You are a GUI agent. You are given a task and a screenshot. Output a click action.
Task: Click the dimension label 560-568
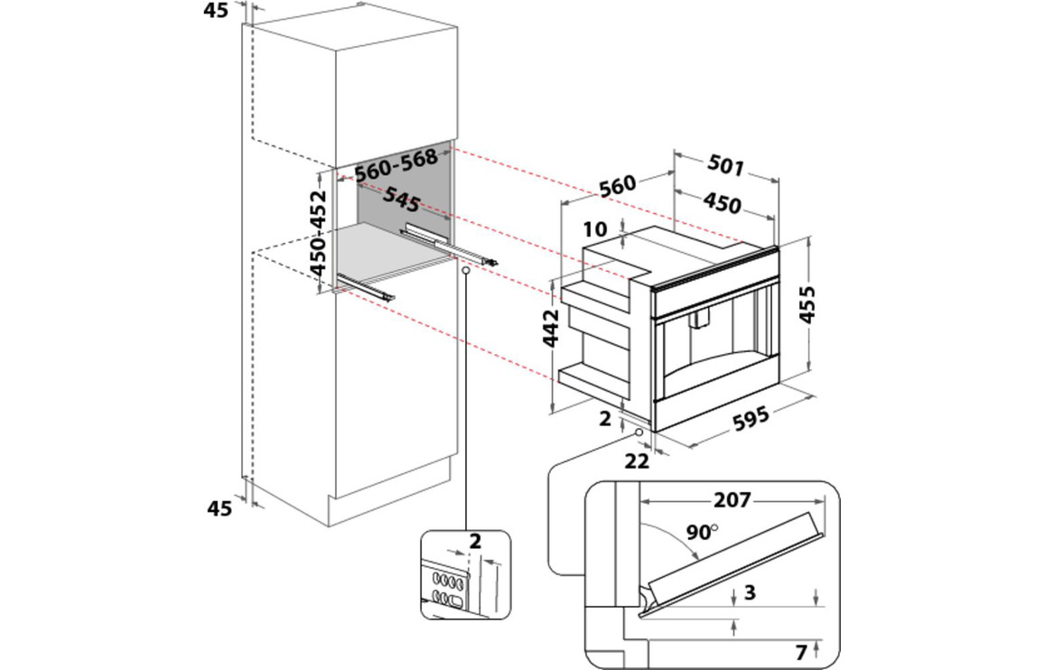coord(396,166)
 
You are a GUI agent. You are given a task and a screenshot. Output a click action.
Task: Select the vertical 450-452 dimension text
coord(318,233)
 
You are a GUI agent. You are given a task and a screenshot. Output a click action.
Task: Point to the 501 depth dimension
coord(725,166)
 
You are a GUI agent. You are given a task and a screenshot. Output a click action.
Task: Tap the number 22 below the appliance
coord(638,461)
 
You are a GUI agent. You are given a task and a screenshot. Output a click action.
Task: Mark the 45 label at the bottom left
coord(219,508)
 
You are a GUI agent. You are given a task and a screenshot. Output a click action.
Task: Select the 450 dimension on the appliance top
coord(722,204)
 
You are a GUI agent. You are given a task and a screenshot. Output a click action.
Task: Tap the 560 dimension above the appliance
coord(618,185)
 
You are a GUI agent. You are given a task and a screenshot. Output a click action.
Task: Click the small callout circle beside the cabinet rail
coord(464,270)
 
